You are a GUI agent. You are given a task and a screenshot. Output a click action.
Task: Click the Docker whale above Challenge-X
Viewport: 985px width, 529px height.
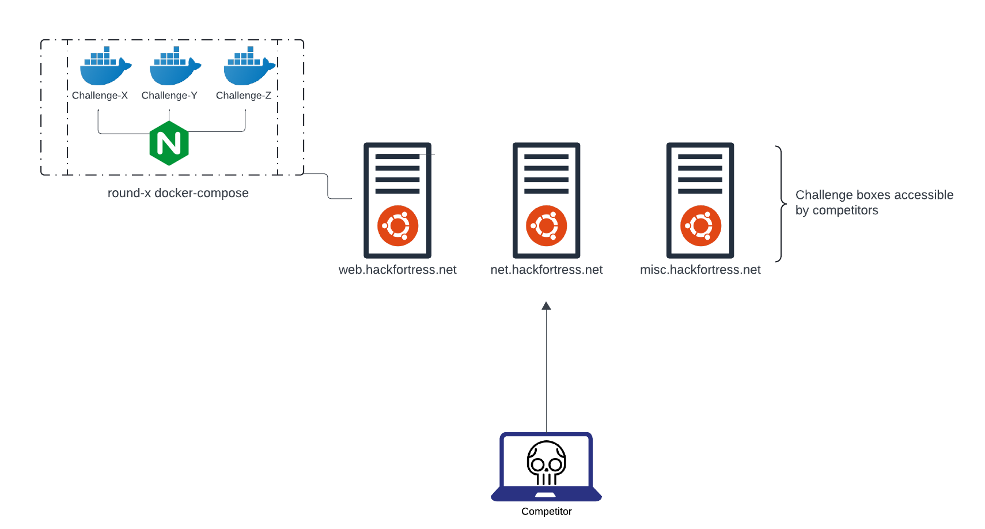(x=104, y=68)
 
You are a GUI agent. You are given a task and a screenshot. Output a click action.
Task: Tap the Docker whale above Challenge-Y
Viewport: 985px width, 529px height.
(x=173, y=68)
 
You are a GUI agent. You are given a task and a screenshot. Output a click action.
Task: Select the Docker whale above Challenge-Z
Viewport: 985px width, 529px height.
(x=248, y=68)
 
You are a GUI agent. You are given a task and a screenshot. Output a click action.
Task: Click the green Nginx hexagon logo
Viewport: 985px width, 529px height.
(x=169, y=143)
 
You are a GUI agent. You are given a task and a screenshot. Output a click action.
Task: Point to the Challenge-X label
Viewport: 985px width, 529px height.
(x=100, y=96)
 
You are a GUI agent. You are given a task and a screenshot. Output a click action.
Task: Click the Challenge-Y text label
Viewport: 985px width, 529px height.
(x=169, y=96)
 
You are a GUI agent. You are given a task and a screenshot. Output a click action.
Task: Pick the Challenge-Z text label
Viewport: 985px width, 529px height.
(x=243, y=96)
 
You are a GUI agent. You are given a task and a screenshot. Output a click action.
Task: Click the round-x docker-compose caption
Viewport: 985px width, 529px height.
(x=178, y=193)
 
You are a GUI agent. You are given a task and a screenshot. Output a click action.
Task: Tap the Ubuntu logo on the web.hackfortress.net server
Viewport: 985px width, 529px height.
(x=397, y=226)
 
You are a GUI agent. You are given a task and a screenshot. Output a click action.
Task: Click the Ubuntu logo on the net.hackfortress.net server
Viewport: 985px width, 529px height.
(x=546, y=226)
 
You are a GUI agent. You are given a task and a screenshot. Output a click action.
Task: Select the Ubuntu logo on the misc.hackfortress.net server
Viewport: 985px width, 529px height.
(x=700, y=226)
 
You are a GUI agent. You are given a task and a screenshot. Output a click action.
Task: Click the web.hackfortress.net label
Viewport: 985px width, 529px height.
(x=397, y=270)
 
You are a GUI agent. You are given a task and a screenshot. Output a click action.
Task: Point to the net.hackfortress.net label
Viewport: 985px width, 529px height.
(x=546, y=270)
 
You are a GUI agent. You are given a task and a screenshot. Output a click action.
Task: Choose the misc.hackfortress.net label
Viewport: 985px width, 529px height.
(x=700, y=270)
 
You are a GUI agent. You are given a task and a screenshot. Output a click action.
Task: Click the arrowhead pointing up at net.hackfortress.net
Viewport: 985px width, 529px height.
(x=546, y=306)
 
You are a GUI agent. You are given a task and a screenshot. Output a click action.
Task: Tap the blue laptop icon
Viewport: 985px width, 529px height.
(x=546, y=467)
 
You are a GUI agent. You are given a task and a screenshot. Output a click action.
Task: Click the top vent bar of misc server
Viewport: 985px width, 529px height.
(x=700, y=157)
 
